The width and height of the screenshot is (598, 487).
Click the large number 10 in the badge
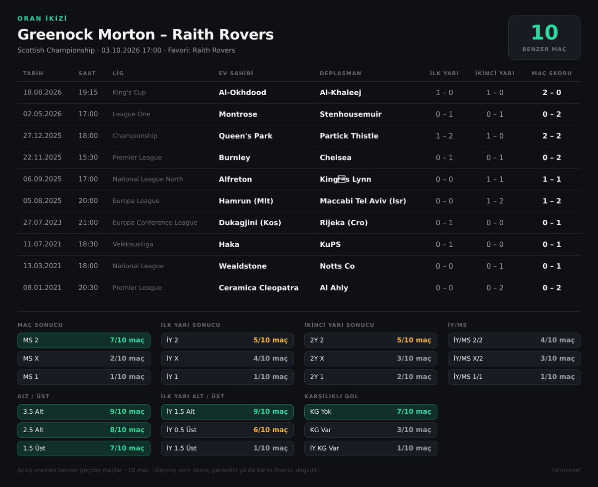coord(544,32)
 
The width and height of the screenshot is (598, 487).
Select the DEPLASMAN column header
coord(340,73)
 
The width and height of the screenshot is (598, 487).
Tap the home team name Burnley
coord(234,158)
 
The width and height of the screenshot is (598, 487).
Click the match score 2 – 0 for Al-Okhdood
coord(552,92)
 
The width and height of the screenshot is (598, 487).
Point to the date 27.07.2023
coord(42,222)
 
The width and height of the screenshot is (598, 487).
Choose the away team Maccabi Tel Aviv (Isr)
coord(363,201)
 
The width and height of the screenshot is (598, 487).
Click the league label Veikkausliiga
coord(133,244)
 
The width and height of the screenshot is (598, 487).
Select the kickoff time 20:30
coord(88,287)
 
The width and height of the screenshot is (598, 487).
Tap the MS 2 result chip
coord(84,340)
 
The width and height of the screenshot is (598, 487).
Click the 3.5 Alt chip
coord(84,412)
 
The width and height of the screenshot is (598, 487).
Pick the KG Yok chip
coord(371,412)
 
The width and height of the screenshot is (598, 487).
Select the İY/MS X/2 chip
coord(514,358)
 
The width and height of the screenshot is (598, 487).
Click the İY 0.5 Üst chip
coord(227,430)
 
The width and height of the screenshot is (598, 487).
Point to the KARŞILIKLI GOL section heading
coord(331,396)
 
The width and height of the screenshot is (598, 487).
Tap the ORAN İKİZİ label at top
coord(42,18)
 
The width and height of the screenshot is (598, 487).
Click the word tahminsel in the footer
coord(566,470)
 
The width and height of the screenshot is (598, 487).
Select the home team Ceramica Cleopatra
coord(258,288)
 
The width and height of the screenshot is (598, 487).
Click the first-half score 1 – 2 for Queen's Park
coord(444,136)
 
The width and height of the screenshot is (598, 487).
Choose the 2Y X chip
coord(371,358)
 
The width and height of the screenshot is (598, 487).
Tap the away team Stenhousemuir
coord(351,114)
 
